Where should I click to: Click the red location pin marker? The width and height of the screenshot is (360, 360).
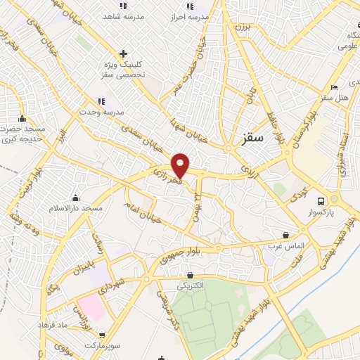181,165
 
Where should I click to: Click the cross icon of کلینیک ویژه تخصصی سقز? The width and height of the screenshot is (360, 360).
123,53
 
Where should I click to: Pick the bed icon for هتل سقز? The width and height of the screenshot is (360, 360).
335,87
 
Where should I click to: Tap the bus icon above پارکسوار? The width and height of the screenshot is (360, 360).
321,199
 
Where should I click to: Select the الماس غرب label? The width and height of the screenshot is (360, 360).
284,246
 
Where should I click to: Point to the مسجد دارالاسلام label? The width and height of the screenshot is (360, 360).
72,209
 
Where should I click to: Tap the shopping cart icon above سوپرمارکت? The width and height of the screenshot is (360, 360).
103,335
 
